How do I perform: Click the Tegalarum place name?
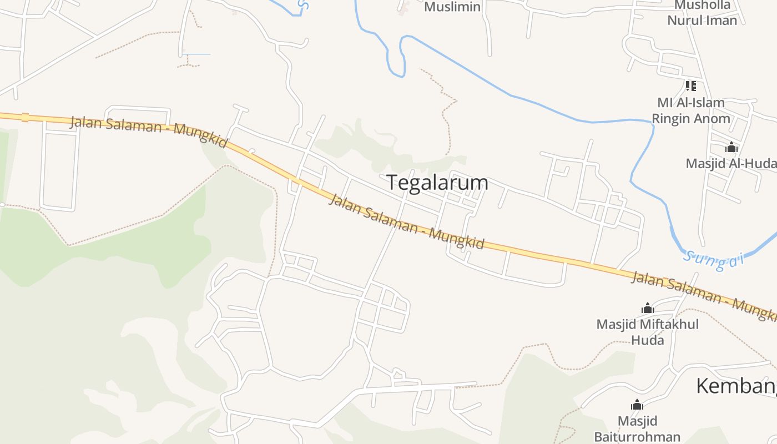coord(437,183)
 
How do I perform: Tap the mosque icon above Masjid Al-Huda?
coord(731,147)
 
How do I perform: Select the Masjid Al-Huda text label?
coord(730,164)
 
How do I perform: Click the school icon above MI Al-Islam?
coord(690,86)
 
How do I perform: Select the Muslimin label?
coord(452,7)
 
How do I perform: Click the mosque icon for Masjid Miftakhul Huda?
coord(647,308)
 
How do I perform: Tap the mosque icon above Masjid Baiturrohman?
coord(637,405)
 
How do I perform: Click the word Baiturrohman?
coord(637,437)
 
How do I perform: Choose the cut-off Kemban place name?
coord(736,386)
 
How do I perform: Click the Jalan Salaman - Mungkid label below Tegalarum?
coord(406,221)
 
